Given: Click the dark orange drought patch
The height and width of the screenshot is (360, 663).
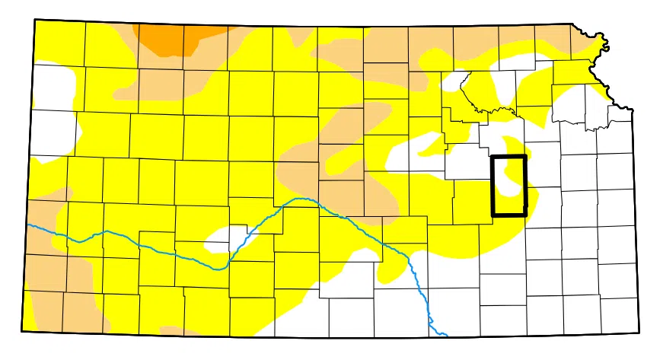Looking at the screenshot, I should pyautogui.click(x=164, y=38).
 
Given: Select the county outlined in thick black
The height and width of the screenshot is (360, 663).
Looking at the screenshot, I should pyautogui.click(x=508, y=186).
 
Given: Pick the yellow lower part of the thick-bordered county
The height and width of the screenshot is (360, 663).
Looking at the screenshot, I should pyautogui.click(x=508, y=204).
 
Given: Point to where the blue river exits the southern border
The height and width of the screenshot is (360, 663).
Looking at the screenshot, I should pyautogui.click(x=444, y=335).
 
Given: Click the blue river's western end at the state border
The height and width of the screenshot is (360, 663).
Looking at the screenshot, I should pyautogui.click(x=28, y=225).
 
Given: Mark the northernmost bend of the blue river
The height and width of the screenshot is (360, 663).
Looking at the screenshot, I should pyautogui.click(x=302, y=199).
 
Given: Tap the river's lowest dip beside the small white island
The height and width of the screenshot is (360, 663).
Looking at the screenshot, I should pyautogui.click(x=221, y=268).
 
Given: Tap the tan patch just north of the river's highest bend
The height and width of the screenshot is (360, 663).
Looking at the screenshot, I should pyautogui.click(x=304, y=171).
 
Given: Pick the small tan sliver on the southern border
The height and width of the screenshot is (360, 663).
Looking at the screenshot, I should pyautogui.click(x=179, y=331).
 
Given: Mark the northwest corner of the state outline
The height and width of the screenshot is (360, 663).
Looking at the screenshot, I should pyautogui.click(x=35, y=20).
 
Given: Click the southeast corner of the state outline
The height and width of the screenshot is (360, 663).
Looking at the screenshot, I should pyautogui.click(x=639, y=333).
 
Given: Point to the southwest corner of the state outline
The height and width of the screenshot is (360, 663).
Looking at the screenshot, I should pyautogui.click(x=23, y=330).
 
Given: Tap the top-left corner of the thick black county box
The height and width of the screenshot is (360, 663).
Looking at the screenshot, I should pyautogui.click(x=492, y=157).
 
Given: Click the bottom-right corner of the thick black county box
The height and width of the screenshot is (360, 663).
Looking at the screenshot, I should pyautogui.click(x=525, y=215).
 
